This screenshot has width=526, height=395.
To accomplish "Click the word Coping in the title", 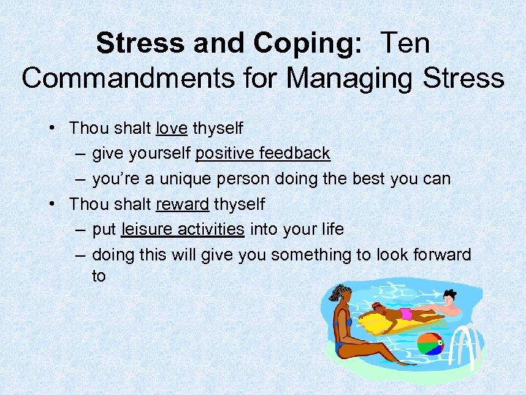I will click(x=305, y=44).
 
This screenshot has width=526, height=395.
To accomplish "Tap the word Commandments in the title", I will click(x=127, y=77).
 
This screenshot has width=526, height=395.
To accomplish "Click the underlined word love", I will click(x=172, y=128).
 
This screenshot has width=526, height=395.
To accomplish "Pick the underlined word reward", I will click(x=182, y=204).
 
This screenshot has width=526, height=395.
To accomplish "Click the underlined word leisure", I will click(x=148, y=229).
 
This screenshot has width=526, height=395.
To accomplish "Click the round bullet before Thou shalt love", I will click(x=55, y=128).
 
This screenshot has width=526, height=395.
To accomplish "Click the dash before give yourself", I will click(x=79, y=154).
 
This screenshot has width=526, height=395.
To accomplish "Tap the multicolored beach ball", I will click(x=430, y=345).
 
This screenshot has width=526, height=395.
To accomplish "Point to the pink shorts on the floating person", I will click(x=405, y=313).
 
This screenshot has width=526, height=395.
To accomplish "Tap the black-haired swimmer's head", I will click(x=450, y=296).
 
